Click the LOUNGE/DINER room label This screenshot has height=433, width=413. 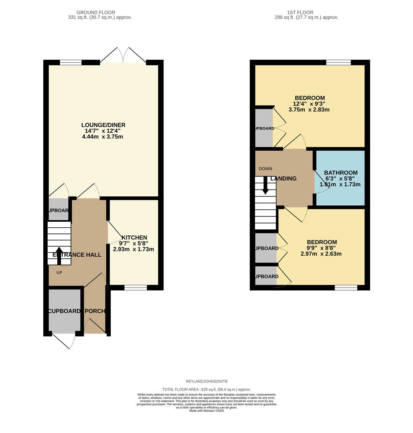click(x=103, y=125)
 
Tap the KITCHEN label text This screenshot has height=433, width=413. click(x=134, y=237)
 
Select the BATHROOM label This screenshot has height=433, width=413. click(x=340, y=173)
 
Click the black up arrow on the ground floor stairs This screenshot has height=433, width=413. click(x=59, y=255)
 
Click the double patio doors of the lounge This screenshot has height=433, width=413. click(x=123, y=56)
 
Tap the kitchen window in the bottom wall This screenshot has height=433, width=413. click(x=136, y=287)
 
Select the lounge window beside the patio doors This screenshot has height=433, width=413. click(x=71, y=63)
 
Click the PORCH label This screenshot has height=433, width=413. click(x=95, y=311)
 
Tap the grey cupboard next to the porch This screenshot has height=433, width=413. click(x=64, y=311)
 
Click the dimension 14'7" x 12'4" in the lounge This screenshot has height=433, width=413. click(x=103, y=131)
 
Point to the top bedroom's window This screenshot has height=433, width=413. click(x=338, y=63)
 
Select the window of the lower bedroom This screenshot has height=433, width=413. click(x=346, y=287)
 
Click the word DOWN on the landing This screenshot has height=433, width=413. click(x=265, y=169)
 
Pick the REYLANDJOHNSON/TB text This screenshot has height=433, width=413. click(x=206, y=382)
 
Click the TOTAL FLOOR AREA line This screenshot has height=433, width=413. click(x=206, y=389)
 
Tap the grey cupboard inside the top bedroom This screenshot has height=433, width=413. click(x=263, y=127)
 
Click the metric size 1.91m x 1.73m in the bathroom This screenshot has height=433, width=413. click(x=340, y=184)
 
